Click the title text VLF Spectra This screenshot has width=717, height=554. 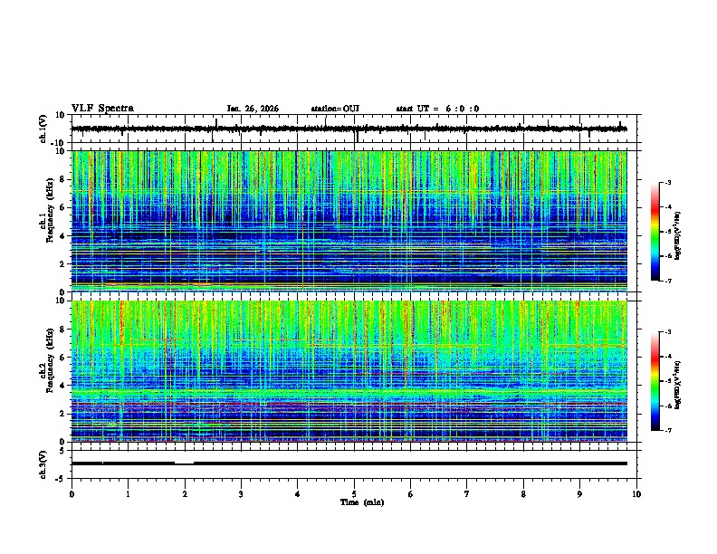[102, 109]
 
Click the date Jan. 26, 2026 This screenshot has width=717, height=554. [253, 109]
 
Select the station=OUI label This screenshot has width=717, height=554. [335, 109]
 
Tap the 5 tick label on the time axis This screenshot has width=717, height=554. [354, 493]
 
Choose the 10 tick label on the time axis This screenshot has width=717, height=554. [636, 493]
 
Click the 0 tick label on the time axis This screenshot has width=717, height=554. [72, 493]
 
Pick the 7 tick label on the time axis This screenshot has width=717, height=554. [467, 493]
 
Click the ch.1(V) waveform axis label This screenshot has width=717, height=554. [43, 129]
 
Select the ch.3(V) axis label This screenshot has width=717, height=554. [43, 463]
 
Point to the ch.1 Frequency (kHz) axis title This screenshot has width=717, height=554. [45, 221]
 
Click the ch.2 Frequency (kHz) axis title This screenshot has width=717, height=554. [45, 370]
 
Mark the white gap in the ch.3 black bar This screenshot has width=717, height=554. [184, 463]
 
